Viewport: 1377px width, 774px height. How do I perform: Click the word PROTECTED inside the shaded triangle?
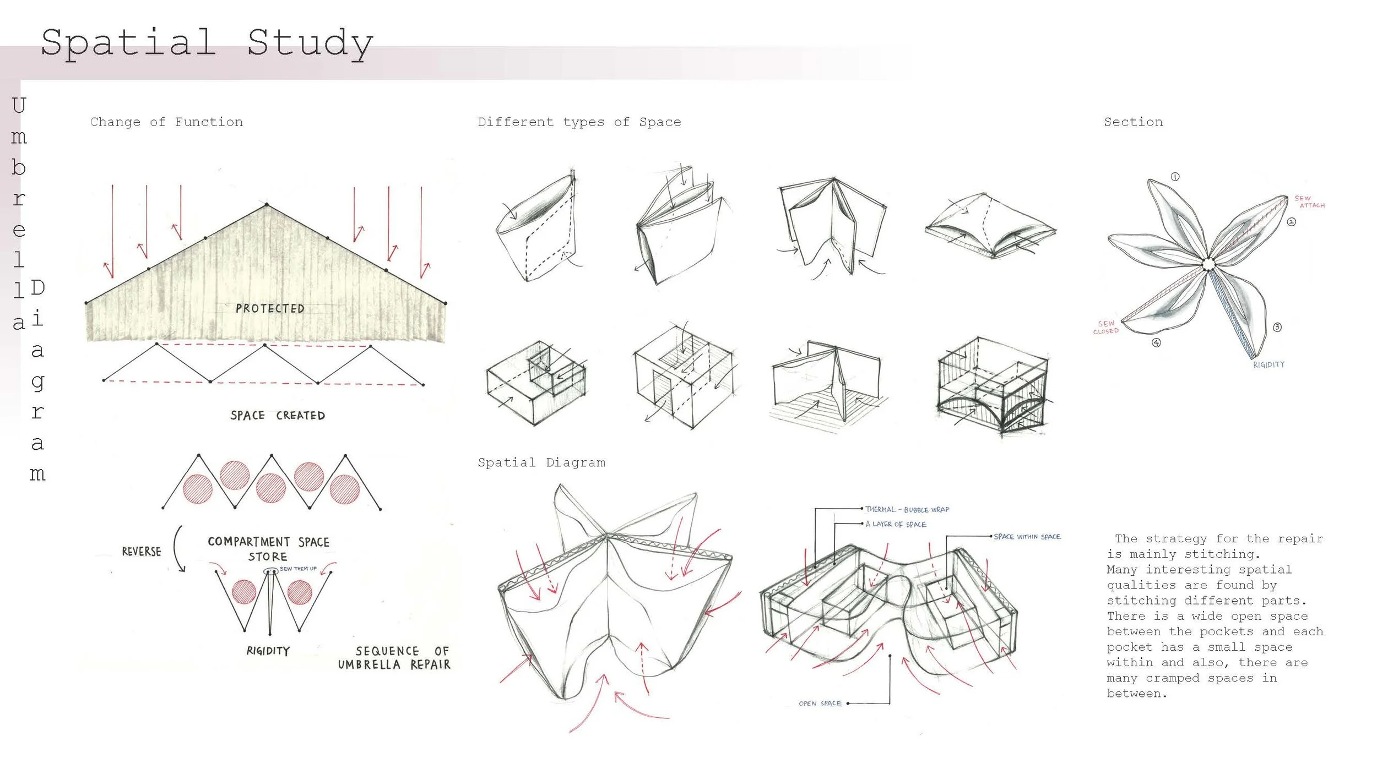point(270,309)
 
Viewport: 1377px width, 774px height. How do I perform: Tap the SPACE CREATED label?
point(278,416)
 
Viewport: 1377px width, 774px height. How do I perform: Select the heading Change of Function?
point(166,122)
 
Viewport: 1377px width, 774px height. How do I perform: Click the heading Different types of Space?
point(579,122)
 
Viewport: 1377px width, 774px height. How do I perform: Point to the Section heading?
point(1133,122)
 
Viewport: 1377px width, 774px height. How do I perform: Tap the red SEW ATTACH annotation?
point(1309,201)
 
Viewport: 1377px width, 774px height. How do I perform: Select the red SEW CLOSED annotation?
point(1106,328)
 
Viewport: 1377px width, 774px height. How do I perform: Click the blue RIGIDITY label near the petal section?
point(1268,365)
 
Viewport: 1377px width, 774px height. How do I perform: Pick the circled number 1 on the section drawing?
point(1175,177)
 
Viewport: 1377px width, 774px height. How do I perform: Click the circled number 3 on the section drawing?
point(1277,327)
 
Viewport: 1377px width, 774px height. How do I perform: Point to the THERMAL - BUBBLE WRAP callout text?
point(907,510)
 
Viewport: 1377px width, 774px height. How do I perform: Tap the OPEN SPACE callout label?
point(820,704)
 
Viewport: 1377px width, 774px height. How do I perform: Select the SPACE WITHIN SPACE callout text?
point(1027,536)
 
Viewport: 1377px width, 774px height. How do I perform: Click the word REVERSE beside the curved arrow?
point(142,552)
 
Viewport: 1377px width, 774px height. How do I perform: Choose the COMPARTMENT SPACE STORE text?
point(268,549)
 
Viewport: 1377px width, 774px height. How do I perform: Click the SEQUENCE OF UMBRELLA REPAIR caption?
point(394,658)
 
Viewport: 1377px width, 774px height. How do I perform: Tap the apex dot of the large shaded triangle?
point(267,205)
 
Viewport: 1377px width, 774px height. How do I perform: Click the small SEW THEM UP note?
point(298,569)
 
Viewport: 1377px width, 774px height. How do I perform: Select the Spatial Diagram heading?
point(541,463)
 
